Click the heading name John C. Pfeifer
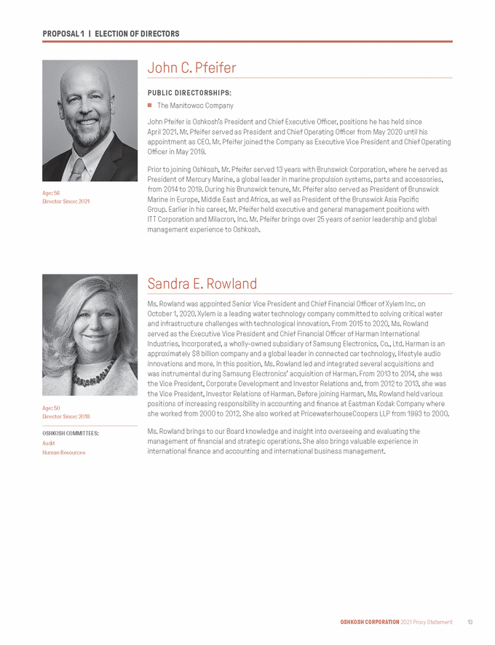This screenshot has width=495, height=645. (191, 68)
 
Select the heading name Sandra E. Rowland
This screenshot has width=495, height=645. (202, 283)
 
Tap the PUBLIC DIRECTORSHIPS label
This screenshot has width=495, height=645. (189, 93)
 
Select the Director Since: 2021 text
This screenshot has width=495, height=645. (66, 201)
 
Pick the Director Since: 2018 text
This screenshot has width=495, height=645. (66, 416)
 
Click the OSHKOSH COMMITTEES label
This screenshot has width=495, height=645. (71, 433)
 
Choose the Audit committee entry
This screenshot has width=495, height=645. (49, 443)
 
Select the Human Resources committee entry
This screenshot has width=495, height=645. (64, 452)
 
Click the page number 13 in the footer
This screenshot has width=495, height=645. (470, 622)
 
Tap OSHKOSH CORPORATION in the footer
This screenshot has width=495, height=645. (370, 622)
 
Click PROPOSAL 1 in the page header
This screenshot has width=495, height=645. (63, 34)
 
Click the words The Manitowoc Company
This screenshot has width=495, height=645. (195, 106)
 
